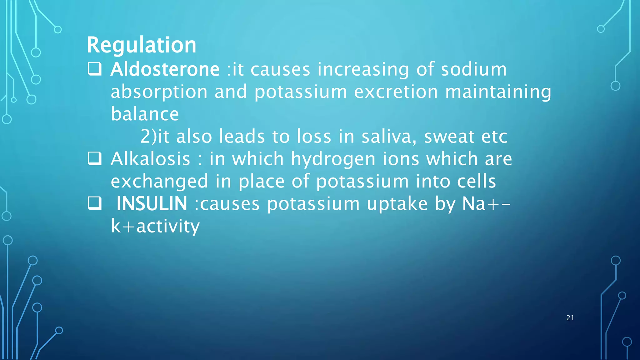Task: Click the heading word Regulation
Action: [x=142, y=45]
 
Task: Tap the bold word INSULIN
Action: [x=152, y=204]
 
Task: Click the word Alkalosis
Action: [x=150, y=159]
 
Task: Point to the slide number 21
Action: [x=570, y=318]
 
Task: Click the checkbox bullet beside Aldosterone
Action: [x=94, y=69]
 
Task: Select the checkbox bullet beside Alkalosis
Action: [x=94, y=158]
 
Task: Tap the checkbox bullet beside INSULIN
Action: [x=94, y=203]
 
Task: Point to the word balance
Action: [x=145, y=114]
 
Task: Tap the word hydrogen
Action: [x=333, y=159]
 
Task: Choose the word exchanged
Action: [x=159, y=182]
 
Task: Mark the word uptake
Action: [x=397, y=204]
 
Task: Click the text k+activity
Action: [x=155, y=226]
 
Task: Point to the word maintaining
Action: [x=498, y=92]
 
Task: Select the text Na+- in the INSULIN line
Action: [x=486, y=204]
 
